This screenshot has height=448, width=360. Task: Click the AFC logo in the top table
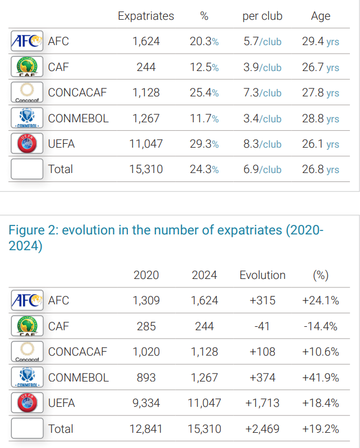pyautogui.click(x=26, y=41)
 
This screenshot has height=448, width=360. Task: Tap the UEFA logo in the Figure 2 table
pyautogui.click(x=26, y=403)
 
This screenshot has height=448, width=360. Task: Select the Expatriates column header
pyautogui.click(x=146, y=16)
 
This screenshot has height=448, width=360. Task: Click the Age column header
pyautogui.click(x=321, y=16)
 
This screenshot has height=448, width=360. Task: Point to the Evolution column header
pyautogui.click(x=263, y=275)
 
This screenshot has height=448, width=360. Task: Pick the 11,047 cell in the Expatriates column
pyautogui.click(x=146, y=144)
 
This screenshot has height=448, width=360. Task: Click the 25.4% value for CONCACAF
pyautogui.click(x=204, y=92)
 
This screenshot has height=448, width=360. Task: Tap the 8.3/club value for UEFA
pyautogui.click(x=262, y=144)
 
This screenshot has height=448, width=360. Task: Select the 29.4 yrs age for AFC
pyautogui.click(x=321, y=41)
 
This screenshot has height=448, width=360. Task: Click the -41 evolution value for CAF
pyautogui.click(x=263, y=326)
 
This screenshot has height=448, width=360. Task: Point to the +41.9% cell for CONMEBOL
pyautogui.click(x=321, y=378)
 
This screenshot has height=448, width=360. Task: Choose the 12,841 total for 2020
pyautogui.click(x=146, y=429)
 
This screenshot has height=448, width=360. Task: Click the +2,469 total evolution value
pyautogui.click(x=263, y=429)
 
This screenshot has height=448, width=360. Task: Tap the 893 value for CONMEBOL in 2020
pyautogui.click(x=146, y=378)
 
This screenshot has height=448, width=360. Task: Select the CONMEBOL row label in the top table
pyautogui.click(x=78, y=118)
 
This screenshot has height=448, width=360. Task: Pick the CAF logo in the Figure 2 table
pyautogui.click(x=26, y=326)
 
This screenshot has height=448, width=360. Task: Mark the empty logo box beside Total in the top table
pyautogui.click(x=26, y=169)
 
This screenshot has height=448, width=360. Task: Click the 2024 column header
pyautogui.click(x=204, y=275)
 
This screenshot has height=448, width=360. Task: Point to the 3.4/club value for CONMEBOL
pyautogui.click(x=262, y=118)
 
